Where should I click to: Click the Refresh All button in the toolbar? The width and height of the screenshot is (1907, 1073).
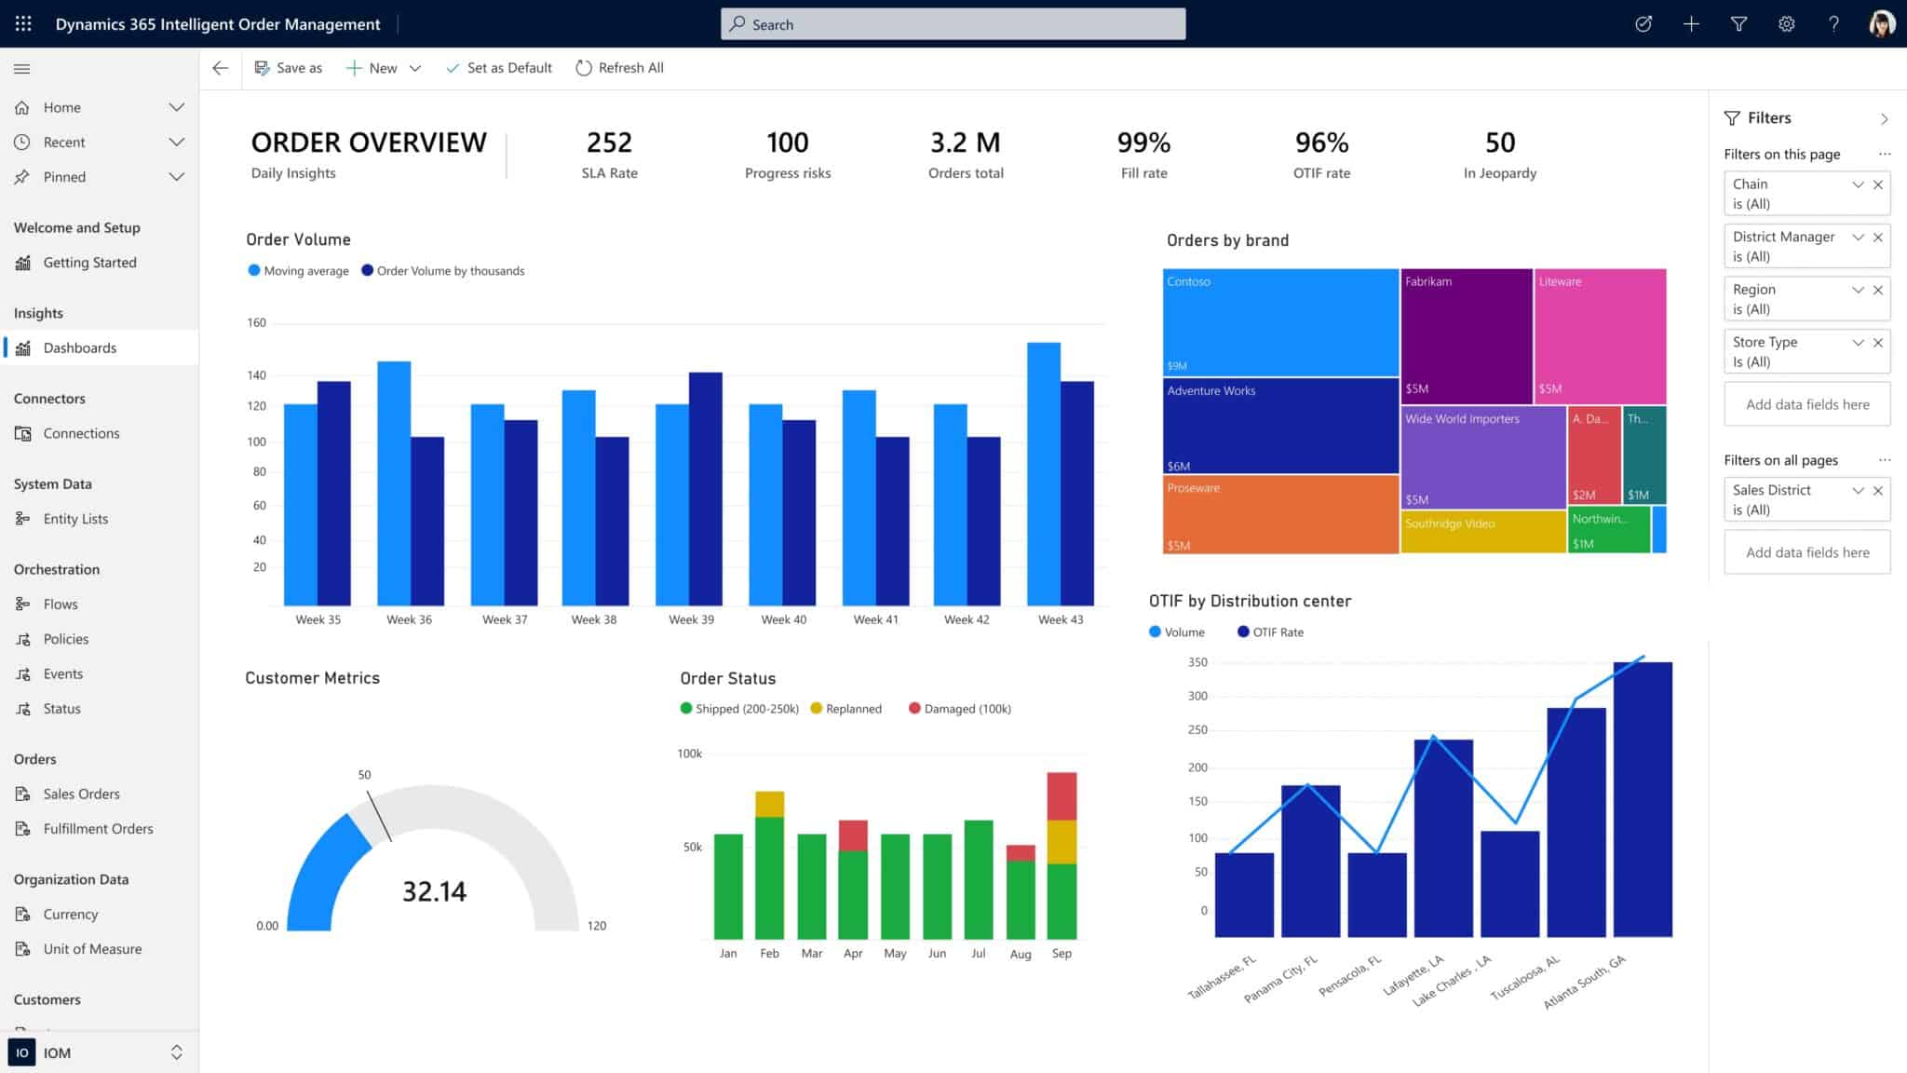pyautogui.click(x=620, y=68)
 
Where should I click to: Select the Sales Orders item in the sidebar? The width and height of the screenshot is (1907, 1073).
pyautogui.click(x=81, y=794)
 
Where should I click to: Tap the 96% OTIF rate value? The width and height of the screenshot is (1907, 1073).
pyautogui.click(x=1321, y=143)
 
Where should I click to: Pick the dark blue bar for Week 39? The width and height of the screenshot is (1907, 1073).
pyautogui.click(x=705, y=489)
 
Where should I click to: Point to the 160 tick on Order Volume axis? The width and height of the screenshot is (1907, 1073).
pyautogui.click(x=256, y=323)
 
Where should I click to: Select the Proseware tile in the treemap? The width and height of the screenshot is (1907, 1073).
pyautogui.click(x=1279, y=515)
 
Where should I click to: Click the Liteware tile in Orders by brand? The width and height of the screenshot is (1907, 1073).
pyautogui.click(x=1600, y=335)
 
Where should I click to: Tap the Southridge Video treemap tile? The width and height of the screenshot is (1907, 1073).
pyautogui.click(x=1482, y=532)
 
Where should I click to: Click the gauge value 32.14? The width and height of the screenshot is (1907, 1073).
pyautogui.click(x=434, y=891)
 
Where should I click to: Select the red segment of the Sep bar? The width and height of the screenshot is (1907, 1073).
pyautogui.click(x=1062, y=795)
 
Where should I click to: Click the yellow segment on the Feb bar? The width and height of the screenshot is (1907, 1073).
pyautogui.click(x=769, y=804)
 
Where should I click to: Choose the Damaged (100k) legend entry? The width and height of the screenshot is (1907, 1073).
pyautogui.click(x=959, y=709)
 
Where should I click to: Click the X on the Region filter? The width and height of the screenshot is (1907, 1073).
pyautogui.click(x=1878, y=290)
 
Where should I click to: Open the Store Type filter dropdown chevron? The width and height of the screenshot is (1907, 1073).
pyautogui.click(x=1858, y=343)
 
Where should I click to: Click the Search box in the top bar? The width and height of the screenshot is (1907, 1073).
pyautogui.click(x=953, y=24)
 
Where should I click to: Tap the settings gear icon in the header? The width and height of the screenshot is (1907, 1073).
pyautogui.click(x=1786, y=24)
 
